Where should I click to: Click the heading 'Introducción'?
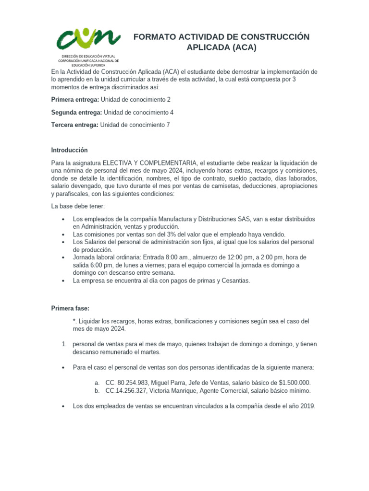coord(70,150)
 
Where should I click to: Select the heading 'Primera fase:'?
coord(70,308)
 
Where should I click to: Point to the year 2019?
coord(306,406)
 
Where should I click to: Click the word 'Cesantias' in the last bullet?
coord(234,281)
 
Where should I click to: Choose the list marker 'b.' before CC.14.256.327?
coord(98,391)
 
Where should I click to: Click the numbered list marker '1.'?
coord(64,344)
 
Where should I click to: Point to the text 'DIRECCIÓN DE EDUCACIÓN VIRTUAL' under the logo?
coord(88,57)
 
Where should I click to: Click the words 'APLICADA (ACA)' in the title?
coord(221,47)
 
